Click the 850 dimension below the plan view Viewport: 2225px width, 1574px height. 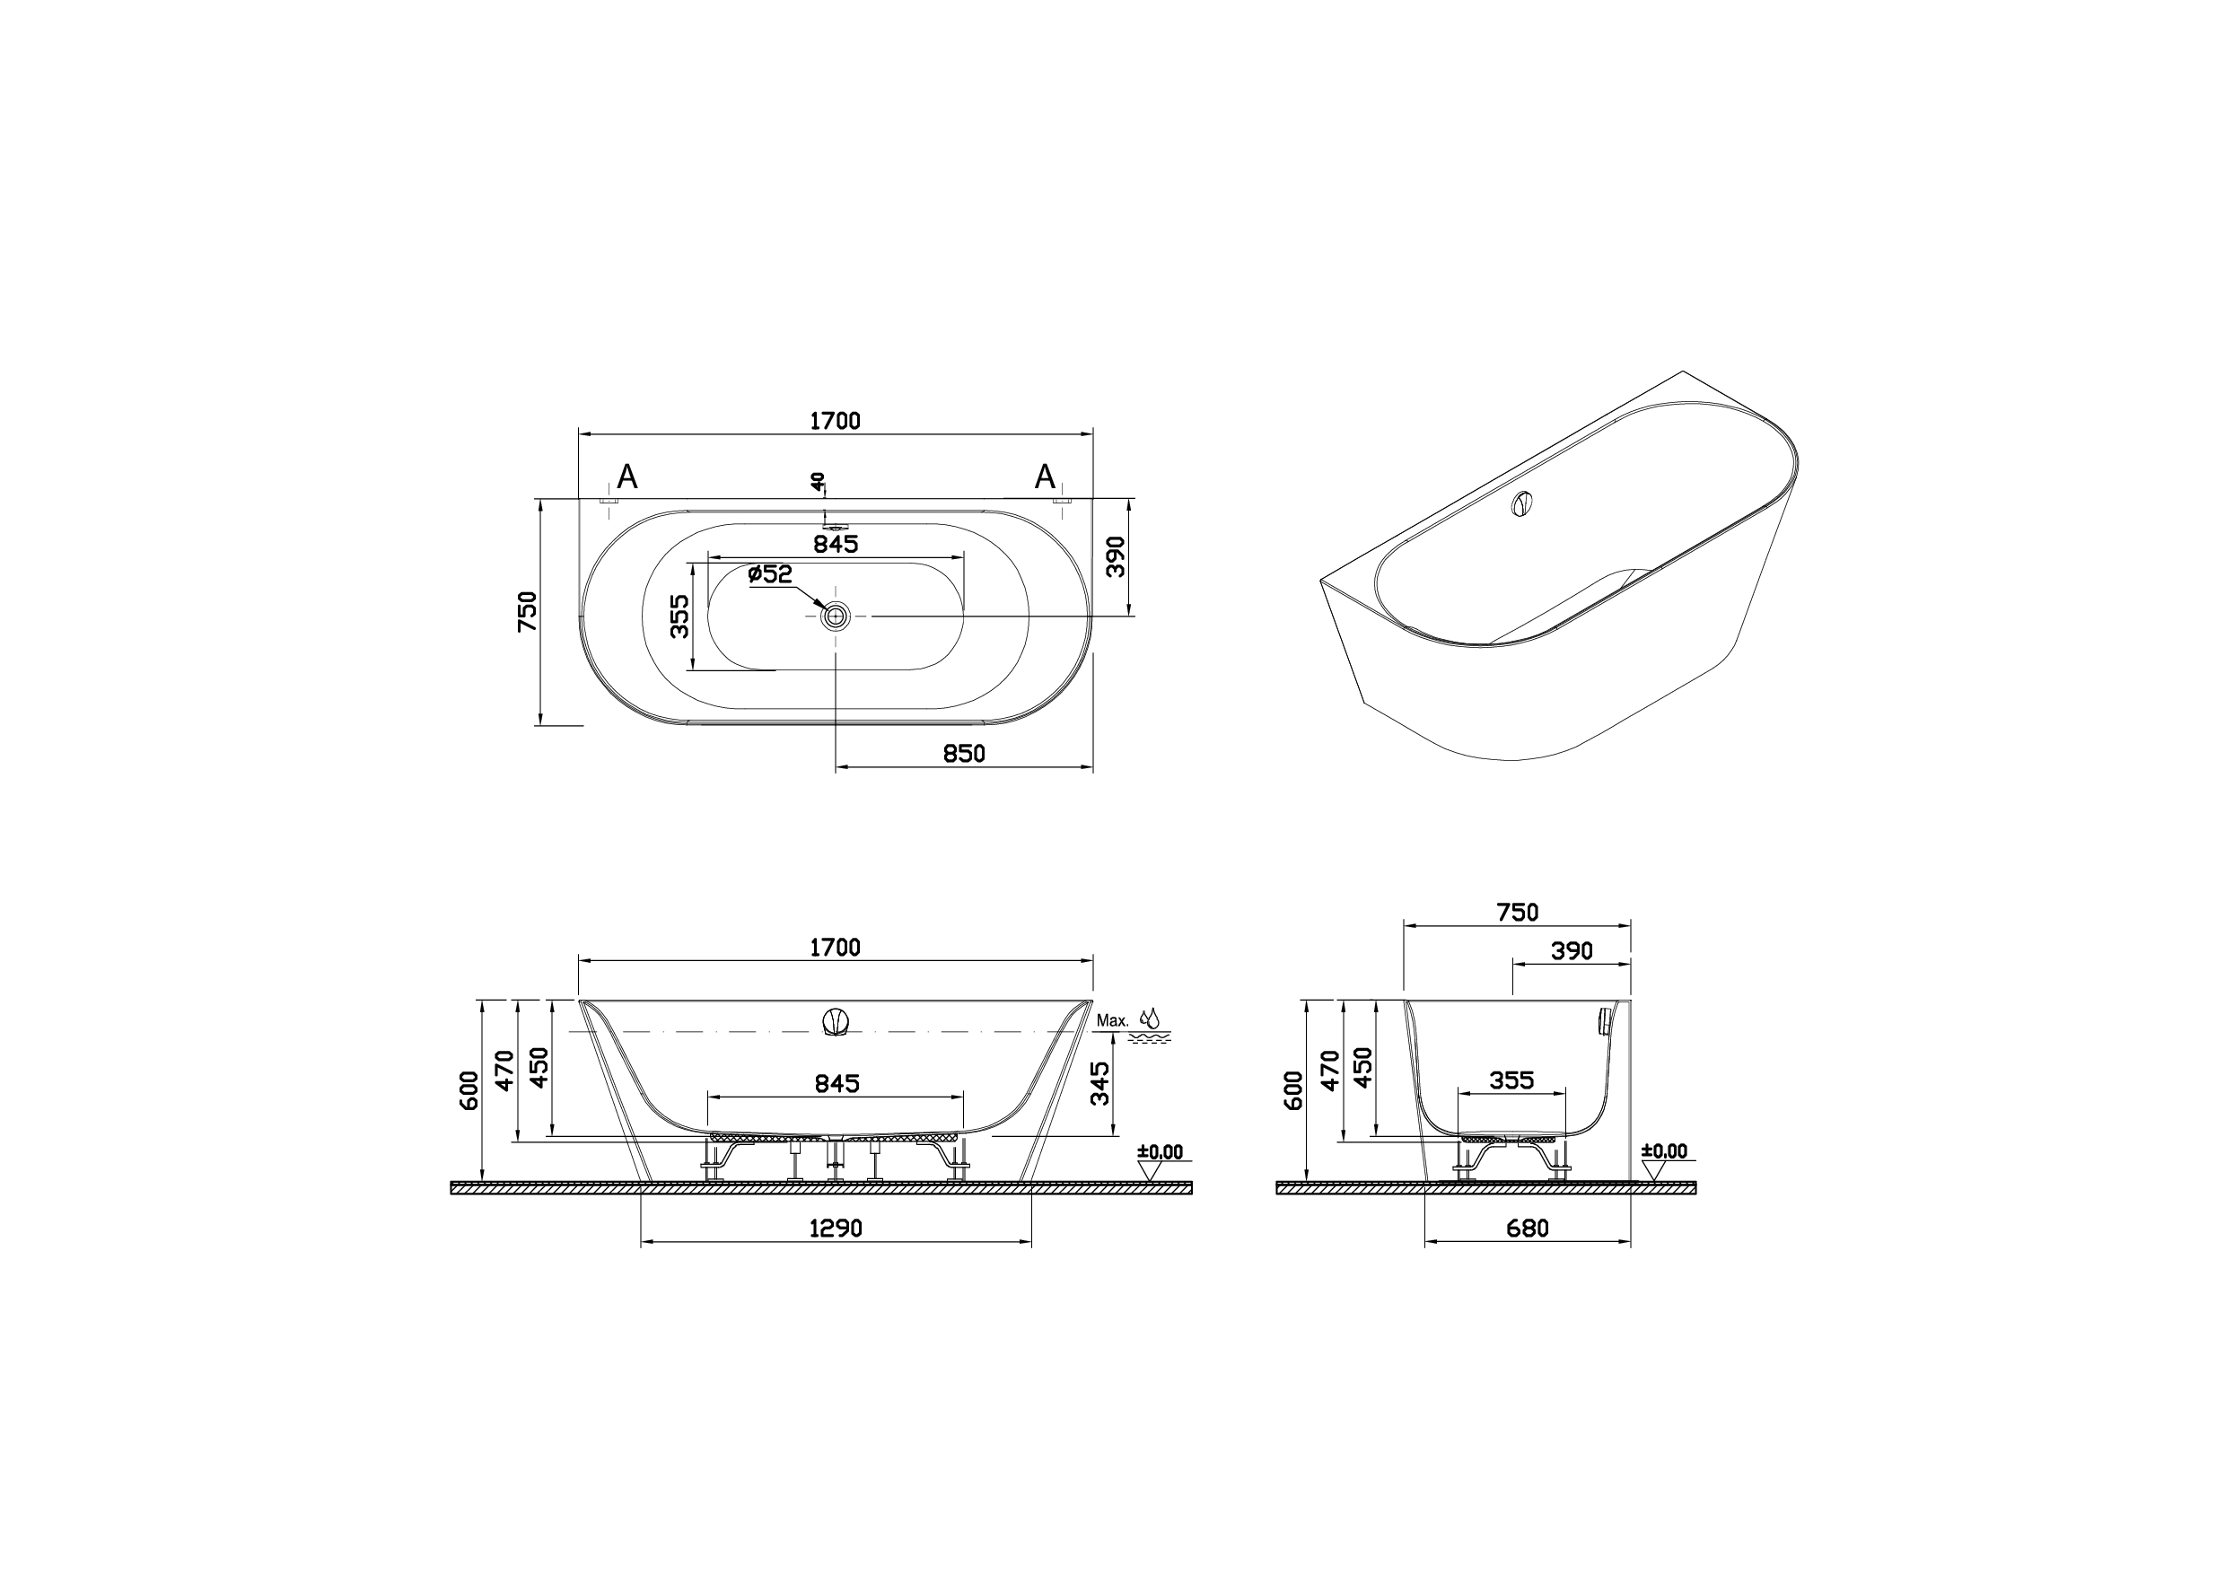click(x=964, y=753)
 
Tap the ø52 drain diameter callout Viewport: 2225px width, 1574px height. click(x=771, y=573)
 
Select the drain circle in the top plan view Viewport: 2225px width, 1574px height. click(x=835, y=615)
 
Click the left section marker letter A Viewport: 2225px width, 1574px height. click(x=627, y=477)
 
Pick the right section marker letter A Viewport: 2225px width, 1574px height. click(x=1044, y=477)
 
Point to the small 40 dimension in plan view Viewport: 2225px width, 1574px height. click(x=819, y=481)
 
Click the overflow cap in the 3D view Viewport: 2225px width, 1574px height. click(x=1522, y=504)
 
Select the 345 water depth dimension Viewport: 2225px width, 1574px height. click(x=1099, y=1083)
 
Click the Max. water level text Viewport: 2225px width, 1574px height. click(x=1113, y=1020)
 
